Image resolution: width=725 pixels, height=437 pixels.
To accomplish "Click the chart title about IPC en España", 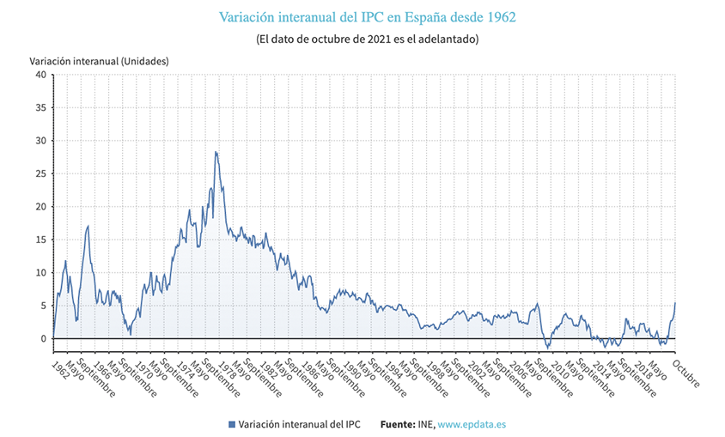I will (367, 17).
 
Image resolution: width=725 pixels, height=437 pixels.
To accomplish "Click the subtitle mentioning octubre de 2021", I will (367, 39).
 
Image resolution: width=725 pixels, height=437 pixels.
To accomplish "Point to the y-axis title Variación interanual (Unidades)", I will (99, 61).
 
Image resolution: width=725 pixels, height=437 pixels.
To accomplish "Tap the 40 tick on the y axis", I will (40, 75).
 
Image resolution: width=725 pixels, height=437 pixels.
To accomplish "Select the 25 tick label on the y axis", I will (40, 173).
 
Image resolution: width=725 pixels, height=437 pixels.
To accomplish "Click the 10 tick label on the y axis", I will (40, 273).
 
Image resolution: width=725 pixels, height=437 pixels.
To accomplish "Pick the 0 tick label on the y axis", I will (42, 339).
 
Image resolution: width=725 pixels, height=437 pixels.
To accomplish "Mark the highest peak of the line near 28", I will (216, 152).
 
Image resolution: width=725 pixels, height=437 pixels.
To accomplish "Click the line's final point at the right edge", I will (675, 302).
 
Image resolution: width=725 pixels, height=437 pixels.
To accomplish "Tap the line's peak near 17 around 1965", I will (88, 226).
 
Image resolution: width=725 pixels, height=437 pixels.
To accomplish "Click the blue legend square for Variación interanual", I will (232, 424).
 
